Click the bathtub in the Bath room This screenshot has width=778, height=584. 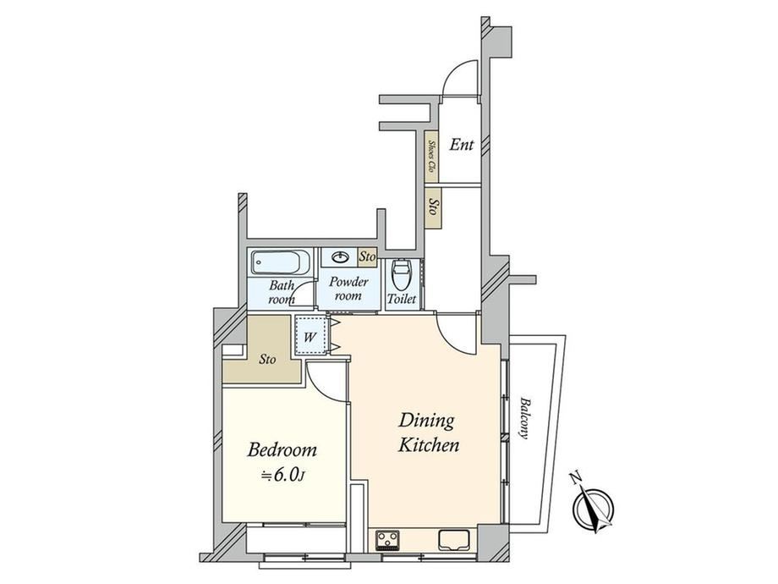click(x=281, y=262)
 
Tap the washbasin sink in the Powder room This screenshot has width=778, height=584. click(x=340, y=257)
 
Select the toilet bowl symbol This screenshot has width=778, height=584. click(x=400, y=276)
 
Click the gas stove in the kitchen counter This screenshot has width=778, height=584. click(x=388, y=540)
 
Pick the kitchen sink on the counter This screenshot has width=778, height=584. click(x=454, y=540)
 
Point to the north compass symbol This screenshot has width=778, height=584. click(x=593, y=504)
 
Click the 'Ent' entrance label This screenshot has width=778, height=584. click(x=462, y=145)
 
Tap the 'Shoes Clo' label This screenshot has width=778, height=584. click(x=431, y=156)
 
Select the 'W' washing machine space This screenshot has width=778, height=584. click(x=310, y=336)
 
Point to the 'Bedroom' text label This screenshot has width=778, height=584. click(x=282, y=450)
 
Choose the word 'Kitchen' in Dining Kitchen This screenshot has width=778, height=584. click(x=430, y=445)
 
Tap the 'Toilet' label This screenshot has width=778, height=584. click(x=402, y=299)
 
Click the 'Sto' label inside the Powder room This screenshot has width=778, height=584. click(x=367, y=256)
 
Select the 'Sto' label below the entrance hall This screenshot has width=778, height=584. click(x=433, y=207)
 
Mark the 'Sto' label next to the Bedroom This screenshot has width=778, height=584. click(x=267, y=359)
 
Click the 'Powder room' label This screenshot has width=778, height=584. click(x=348, y=289)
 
